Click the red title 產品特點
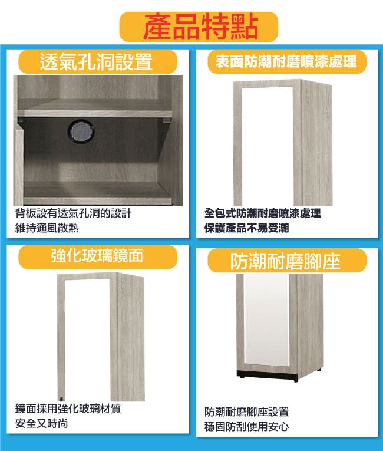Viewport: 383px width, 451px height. (x=200, y=27)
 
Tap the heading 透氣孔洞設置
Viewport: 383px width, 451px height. (x=96, y=61)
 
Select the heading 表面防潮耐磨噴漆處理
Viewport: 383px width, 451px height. (x=286, y=61)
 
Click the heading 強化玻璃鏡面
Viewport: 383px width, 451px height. (x=97, y=255)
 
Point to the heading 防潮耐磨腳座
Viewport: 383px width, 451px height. (x=286, y=261)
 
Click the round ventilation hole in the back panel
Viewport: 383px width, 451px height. (x=81, y=131)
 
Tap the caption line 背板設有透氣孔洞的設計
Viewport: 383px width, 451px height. (x=73, y=213)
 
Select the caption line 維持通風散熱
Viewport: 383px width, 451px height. (x=47, y=228)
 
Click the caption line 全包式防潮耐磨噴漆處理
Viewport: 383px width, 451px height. (x=263, y=213)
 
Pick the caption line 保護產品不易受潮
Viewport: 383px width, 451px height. (x=246, y=228)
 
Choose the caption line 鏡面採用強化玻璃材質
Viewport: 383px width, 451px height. (x=68, y=409)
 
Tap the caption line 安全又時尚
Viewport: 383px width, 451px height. (x=41, y=423)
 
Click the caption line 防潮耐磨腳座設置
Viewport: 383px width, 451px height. (x=246, y=412)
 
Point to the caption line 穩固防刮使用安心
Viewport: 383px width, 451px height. (x=246, y=427)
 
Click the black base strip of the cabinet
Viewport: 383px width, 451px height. (x=267, y=375)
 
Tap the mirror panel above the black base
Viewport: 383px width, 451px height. (x=266, y=320)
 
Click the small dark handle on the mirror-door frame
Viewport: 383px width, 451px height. (x=61, y=399)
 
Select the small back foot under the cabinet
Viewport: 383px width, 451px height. (x=319, y=370)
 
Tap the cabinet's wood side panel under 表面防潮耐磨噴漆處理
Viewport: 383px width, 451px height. (x=316, y=144)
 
